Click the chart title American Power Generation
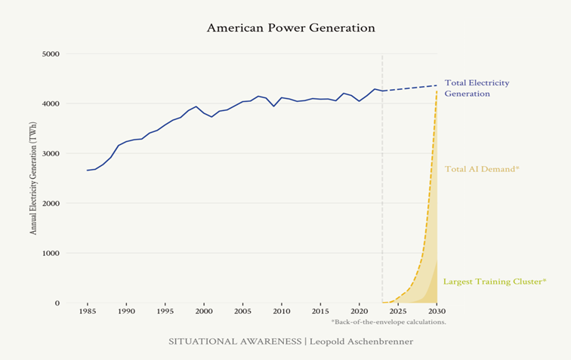tap(291, 28)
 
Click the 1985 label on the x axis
tap(87, 311)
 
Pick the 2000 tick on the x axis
tap(204, 311)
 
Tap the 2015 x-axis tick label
tap(320, 311)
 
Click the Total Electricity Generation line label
tap(477, 88)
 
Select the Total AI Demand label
tap(482, 169)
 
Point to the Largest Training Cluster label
tap(494, 282)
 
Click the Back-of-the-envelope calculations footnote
tap(388, 322)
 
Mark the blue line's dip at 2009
tap(273, 106)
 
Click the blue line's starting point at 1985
tap(87, 170)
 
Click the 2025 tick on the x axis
tap(398, 311)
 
